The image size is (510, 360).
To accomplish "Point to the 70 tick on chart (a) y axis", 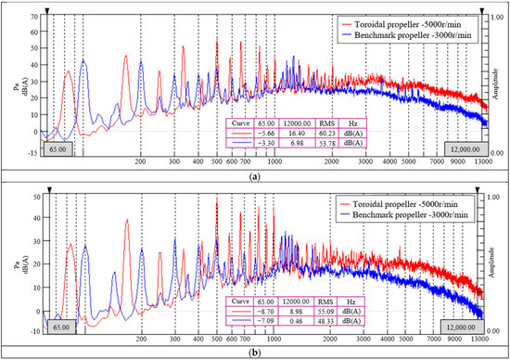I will [x=33, y=17].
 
